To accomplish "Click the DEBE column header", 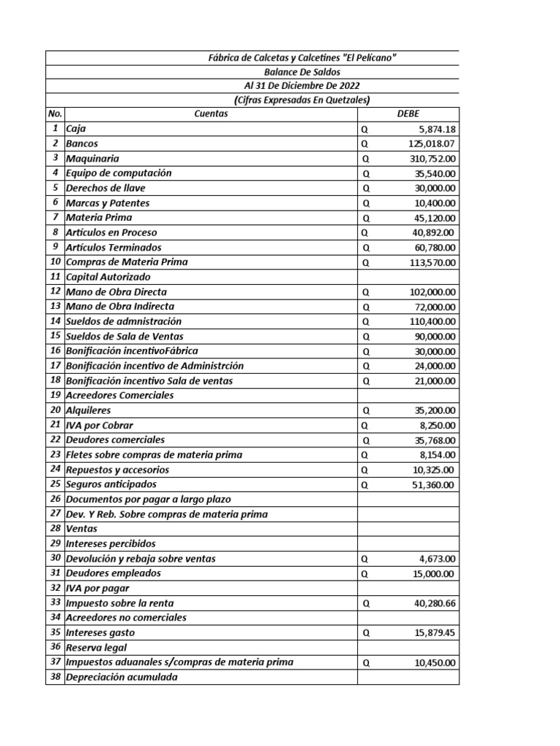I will click(408, 114).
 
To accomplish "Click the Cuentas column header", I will click(211, 114).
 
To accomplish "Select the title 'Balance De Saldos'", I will click(302, 71).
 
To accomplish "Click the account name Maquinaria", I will click(93, 158).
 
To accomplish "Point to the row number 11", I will click(55, 277).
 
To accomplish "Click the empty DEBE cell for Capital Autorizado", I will click(408, 277).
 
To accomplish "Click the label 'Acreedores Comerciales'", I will click(120, 396).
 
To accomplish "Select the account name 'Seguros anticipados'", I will click(111, 484).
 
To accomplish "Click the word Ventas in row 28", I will click(82, 529).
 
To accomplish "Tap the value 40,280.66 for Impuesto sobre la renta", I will click(432, 603).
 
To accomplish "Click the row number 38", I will click(55, 677).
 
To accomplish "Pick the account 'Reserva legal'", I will click(96, 647).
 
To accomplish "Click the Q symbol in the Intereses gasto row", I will click(366, 633).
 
